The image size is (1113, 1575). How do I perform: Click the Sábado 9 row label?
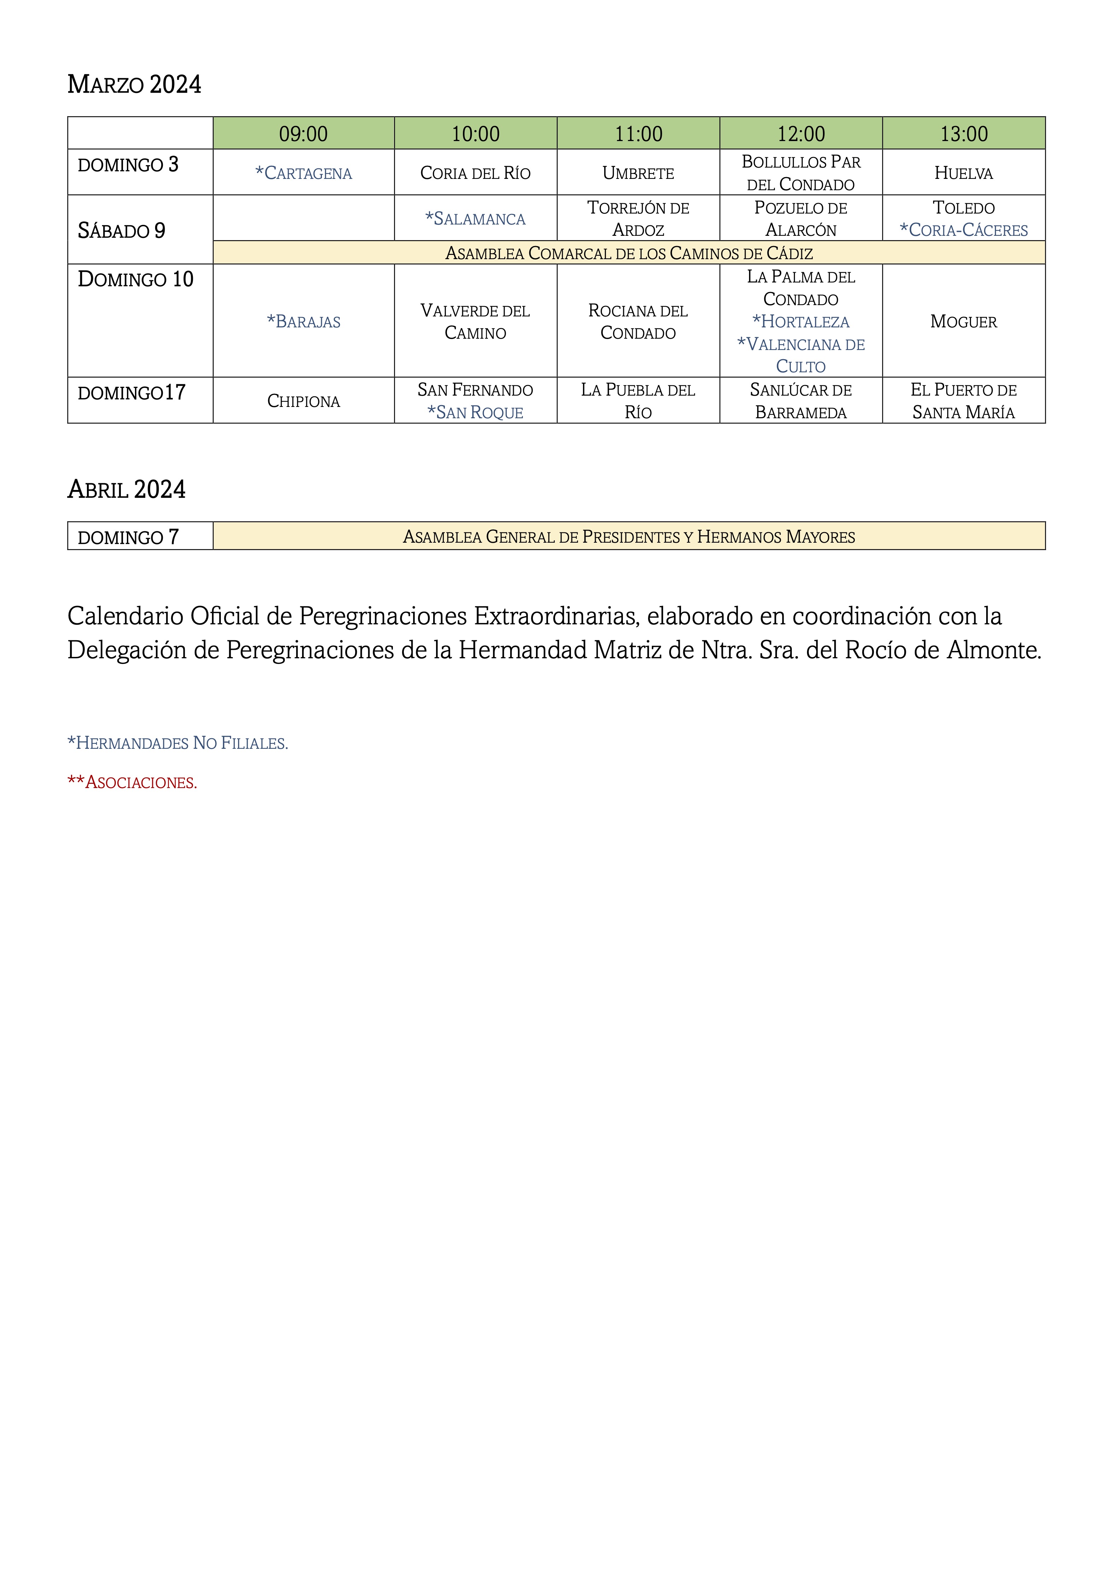click(x=122, y=231)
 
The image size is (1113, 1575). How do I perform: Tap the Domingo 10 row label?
click(x=136, y=279)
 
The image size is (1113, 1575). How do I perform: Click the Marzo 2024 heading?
click(x=134, y=84)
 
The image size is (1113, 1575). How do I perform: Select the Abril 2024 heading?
click(x=127, y=489)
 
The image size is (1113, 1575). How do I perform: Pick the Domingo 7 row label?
click(x=128, y=536)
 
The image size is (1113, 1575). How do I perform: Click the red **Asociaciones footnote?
click(x=132, y=782)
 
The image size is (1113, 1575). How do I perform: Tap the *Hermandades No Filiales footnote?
click(x=178, y=743)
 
